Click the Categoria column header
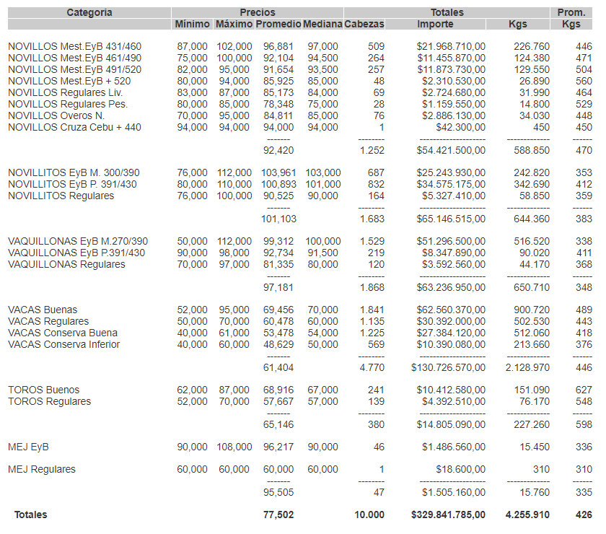[x=89, y=12]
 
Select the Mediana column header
[x=322, y=25]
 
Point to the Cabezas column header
[x=364, y=25]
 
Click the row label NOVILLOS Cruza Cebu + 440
[x=74, y=128]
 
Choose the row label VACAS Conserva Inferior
[x=63, y=345]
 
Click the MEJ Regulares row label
[x=41, y=470]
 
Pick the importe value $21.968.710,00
[x=451, y=47]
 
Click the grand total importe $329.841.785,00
[x=448, y=515]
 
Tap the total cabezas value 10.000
[x=369, y=515]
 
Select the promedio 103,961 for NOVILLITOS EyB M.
[x=278, y=173]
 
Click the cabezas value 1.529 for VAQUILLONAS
[x=372, y=241]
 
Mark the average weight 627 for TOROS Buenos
[x=584, y=390]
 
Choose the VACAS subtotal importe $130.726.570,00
[x=448, y=368]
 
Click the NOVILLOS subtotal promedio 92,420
[x=278, y=151]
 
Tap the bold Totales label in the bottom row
[x=30, y=515]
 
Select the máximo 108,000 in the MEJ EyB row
[x=234, y=447]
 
